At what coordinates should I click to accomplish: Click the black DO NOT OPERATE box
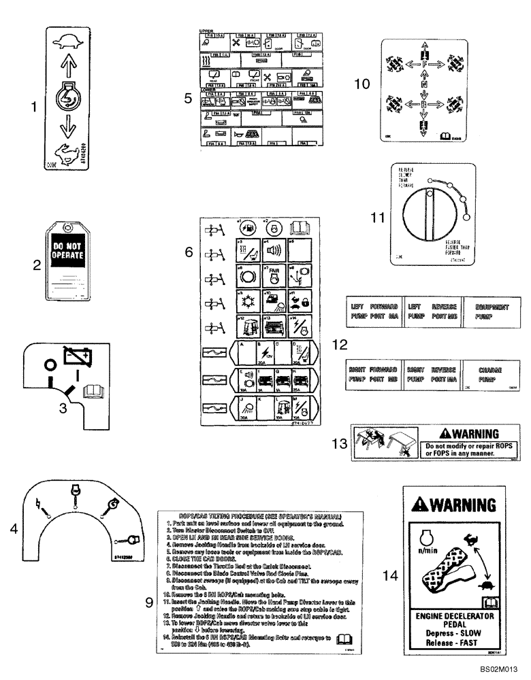(67, 253)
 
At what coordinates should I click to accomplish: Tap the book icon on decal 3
(91, 390)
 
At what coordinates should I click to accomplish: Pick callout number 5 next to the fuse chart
(188, 97)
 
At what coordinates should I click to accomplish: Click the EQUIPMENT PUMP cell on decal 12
(489, 312)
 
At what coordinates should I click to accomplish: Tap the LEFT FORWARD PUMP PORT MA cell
(374, 312)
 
